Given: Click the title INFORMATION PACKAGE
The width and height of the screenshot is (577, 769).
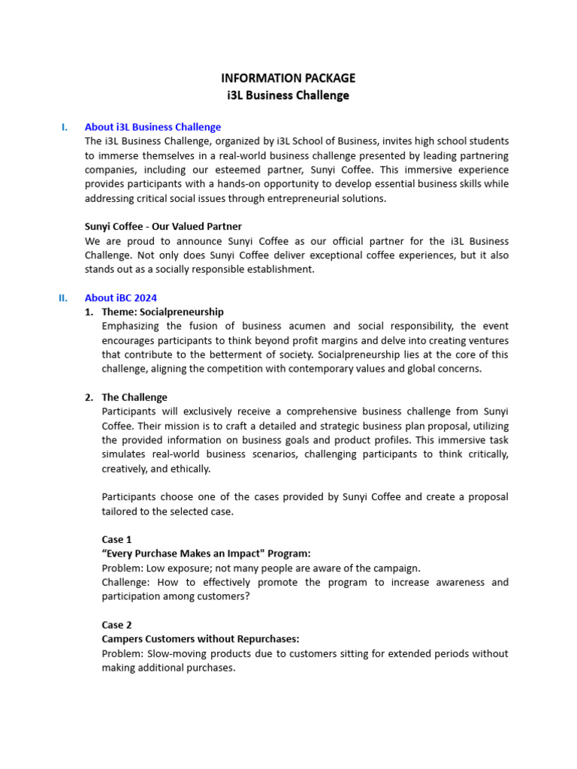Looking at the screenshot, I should point(288,78).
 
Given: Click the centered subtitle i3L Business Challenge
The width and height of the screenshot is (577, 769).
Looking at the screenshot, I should point(288,95).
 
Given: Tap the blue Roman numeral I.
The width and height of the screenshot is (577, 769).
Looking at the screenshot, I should point(65,127).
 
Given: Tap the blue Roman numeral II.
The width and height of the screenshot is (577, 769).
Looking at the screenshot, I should point(63,297).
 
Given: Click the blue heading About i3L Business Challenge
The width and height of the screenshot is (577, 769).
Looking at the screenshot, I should point(153,127).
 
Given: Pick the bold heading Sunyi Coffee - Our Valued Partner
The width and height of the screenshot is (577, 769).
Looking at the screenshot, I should point(163,226).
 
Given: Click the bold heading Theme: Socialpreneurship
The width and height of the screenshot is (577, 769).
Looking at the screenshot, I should point(162,312).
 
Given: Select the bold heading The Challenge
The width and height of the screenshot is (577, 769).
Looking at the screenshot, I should point(134,397).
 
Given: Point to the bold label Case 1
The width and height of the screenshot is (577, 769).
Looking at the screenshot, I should point(116,539).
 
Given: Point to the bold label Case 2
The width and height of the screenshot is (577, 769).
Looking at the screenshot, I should point(116,625).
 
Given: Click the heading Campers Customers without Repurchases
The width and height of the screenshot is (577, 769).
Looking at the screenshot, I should point(200,639).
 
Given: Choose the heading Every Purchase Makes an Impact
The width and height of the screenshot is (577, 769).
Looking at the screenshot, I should point(206,553).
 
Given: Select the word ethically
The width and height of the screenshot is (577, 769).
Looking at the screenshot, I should point(191,469).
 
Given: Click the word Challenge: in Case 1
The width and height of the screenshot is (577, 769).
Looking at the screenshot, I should point(125,582).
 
